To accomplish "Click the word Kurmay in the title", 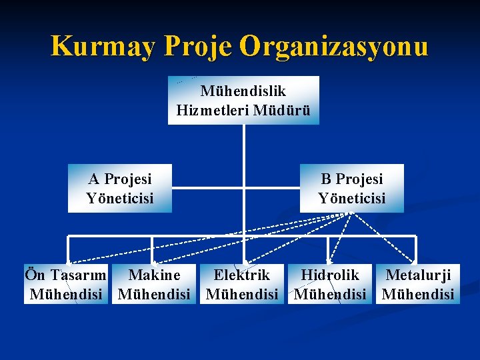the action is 103,47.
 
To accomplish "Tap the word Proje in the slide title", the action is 198,47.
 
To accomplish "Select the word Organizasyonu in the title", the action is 334,47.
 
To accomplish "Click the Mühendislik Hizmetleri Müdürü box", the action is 243,100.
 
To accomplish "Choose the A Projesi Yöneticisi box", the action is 120,188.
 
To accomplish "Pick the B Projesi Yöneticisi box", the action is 351,188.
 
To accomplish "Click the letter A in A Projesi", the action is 94,179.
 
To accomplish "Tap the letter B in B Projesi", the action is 326,179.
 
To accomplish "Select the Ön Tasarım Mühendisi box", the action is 65,284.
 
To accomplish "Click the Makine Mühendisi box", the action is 154,284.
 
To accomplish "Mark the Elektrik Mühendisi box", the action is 242,284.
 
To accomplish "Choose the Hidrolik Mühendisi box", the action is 330,284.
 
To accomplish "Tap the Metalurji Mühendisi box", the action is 418,284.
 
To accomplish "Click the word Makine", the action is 154,275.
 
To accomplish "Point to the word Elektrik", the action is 241,275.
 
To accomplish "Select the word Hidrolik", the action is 330,275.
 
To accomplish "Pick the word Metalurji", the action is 419,275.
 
